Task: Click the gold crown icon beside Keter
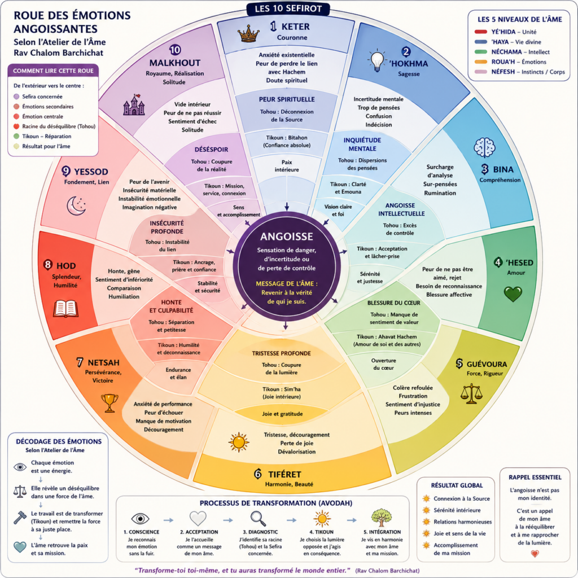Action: point(249,33)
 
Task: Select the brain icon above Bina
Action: point(484,147)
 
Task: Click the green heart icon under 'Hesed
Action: point(513,294)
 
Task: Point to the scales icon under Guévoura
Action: point(471,393)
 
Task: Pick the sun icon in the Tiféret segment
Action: point(239,442)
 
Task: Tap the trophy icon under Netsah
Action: point(110,403)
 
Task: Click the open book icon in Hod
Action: point(65,309)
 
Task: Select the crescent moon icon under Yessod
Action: point(76,205)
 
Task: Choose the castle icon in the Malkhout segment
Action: point(134,105)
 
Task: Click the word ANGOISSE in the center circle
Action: point(286,237)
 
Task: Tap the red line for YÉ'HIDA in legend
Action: point(481,32)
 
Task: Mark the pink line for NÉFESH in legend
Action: point(481,72)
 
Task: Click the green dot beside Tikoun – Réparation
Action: point(16,137)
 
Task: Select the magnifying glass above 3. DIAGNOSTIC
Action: point(258,519)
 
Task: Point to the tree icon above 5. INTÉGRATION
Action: point(382,518)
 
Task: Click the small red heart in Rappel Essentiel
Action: point(535,553)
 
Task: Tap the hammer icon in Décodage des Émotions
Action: point(20,518)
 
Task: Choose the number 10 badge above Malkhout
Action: point(175,50)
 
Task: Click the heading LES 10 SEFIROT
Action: point(288,8)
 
